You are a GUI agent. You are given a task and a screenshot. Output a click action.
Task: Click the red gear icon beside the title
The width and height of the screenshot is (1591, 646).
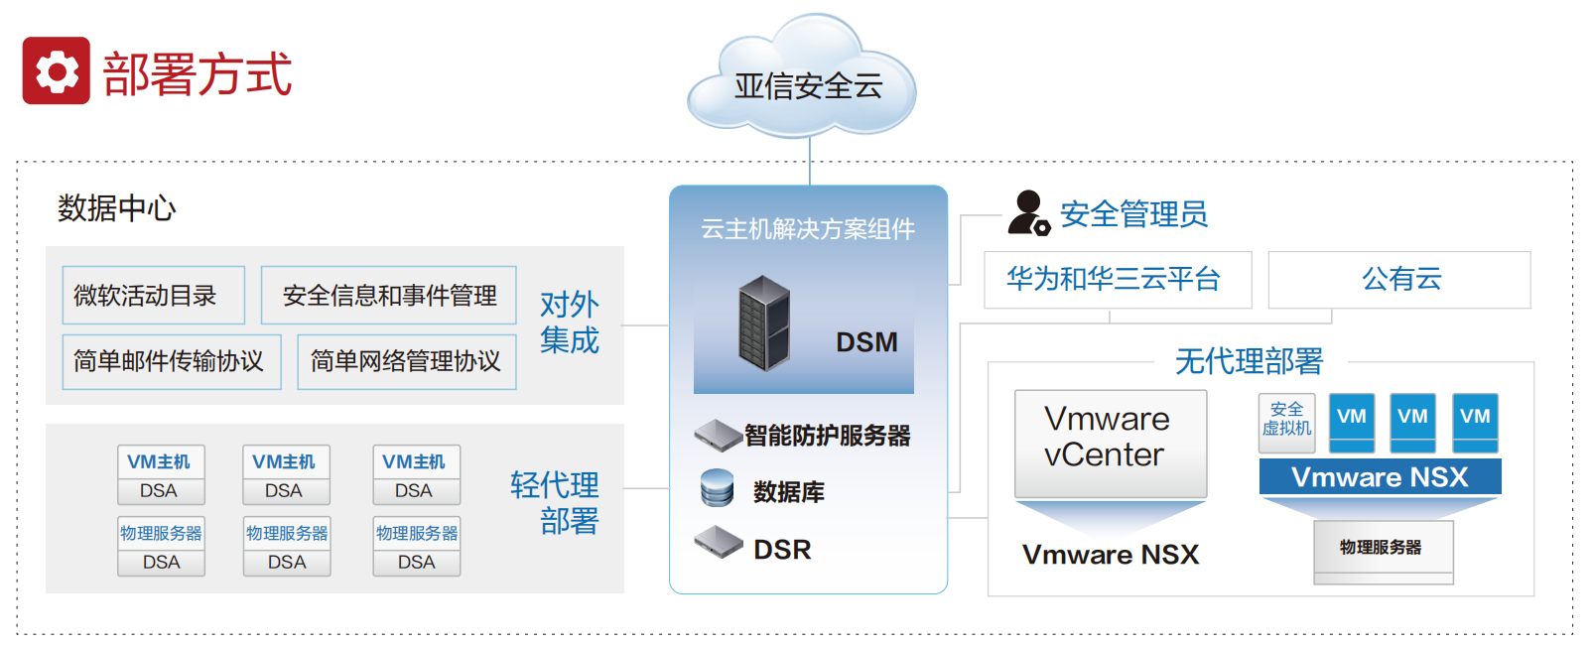tap(57, 70)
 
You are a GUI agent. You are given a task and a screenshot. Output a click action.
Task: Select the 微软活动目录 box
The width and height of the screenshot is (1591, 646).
tap(153, 295)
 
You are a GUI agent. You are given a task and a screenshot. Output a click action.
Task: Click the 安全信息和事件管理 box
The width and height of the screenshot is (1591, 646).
tap(388, 295)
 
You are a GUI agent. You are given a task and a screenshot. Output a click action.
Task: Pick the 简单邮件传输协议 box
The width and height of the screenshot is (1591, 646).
tap(171, 361)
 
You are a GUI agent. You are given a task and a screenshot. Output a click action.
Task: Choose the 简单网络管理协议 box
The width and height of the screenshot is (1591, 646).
tap(406, 361)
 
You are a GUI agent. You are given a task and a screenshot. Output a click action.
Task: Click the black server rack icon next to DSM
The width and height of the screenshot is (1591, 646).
tap(764, 323)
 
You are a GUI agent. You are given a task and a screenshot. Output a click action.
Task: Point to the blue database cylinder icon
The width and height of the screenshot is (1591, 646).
tap(717, 488)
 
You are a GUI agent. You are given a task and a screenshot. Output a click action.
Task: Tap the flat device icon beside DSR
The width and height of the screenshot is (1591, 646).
tap(719, 542)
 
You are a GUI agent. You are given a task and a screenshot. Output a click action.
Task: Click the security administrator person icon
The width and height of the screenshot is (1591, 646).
tap(1027, 212)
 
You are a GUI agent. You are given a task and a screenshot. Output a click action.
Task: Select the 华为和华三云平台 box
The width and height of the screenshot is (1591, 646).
tap(1117, 279)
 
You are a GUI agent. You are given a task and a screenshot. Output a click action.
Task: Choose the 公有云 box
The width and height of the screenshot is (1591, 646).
tap(1399, 279)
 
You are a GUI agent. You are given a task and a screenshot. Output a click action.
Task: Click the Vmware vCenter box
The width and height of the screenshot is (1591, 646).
tap(1110, 443)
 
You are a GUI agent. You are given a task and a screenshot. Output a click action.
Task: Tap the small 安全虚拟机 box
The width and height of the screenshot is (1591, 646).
tap(1286, 421)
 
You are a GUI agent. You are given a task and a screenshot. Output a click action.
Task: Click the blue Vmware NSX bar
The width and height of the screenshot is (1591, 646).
tap(1380, 476)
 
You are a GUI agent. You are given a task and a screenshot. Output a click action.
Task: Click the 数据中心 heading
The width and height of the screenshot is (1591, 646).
tap(116, 208)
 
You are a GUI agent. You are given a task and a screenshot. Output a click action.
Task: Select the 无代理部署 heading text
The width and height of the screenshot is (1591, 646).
tap(1249, 361)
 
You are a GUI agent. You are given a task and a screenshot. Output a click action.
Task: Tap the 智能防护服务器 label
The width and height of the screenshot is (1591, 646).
tap(827, 435)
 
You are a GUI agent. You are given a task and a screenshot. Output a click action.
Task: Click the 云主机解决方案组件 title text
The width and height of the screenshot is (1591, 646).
tap(808, 229)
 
